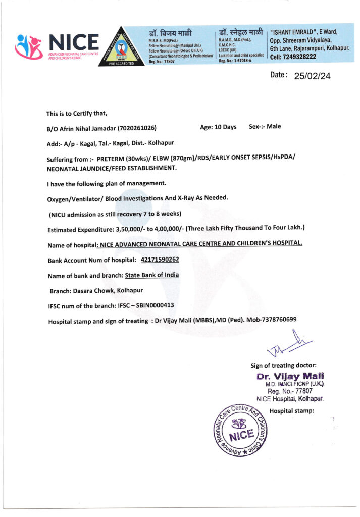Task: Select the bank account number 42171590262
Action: click(160, 260)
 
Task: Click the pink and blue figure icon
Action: click(30, 46)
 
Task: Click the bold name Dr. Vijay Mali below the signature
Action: click(289, 376)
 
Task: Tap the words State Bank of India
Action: click(152, 275)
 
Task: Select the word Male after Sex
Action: click(274, 126)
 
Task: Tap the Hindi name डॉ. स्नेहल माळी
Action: click(240, 31)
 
